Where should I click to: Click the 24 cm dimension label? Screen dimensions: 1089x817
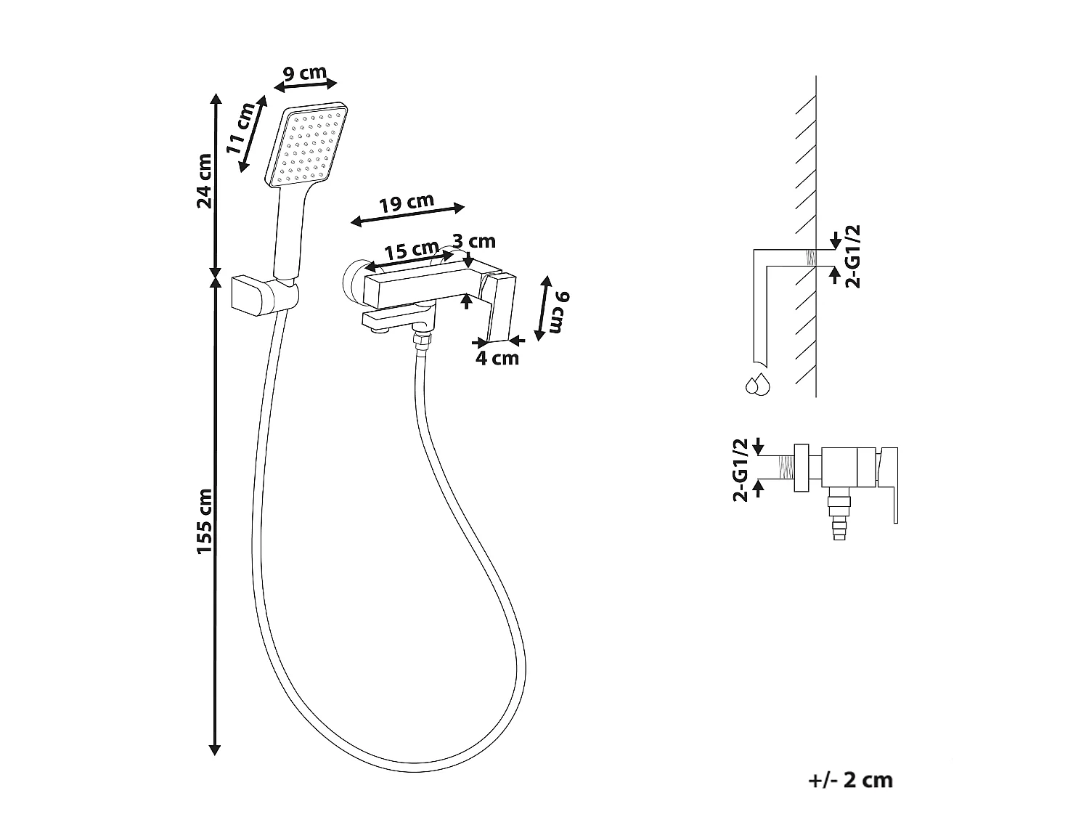(205, 181)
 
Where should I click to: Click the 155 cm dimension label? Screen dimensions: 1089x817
(205, 521)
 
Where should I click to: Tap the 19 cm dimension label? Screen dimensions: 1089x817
(407, 203)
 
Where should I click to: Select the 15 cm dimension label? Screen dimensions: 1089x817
(412, 250)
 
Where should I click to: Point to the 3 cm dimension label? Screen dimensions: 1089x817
(474, 241)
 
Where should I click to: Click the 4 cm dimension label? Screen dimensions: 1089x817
(497, 358)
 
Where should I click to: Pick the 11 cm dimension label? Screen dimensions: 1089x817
(240, 129)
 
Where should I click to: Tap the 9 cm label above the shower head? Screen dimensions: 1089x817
(305, 73)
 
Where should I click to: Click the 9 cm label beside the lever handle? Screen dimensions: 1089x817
(558, 312)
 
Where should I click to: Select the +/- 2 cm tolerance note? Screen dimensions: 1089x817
(850, 780)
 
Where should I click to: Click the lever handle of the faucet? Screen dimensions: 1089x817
(500, 309)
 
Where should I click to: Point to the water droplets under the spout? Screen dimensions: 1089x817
(758, 385)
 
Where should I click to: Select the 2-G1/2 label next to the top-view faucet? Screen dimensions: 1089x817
(740, 470)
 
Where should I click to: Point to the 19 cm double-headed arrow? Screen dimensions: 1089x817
(407, 215)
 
